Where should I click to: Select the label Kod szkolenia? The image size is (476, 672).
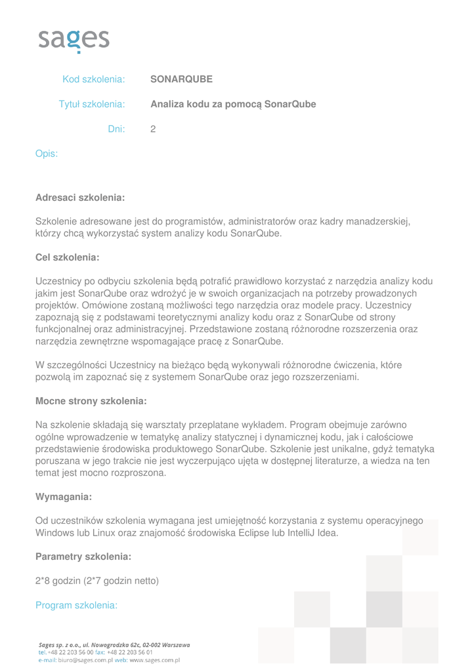(93, 79)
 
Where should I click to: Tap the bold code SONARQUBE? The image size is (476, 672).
(181, 79)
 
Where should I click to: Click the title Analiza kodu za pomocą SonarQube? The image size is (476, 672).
(233, 104)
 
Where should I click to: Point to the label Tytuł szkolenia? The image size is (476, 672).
(92, 104)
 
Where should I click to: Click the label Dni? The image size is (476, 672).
(116, 129)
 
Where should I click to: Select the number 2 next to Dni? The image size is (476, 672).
(153, 129)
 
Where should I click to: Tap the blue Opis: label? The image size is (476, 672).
(47, 154)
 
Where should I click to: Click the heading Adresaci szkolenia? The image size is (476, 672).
(79, 197)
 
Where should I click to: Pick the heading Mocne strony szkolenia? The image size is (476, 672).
(91, 400)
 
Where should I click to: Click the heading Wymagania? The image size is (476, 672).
(63, 496)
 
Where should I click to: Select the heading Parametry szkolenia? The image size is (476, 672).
(83, 556)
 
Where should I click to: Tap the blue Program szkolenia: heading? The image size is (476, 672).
(76, 605)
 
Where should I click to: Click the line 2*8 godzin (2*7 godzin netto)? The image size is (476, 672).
(97, 581)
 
